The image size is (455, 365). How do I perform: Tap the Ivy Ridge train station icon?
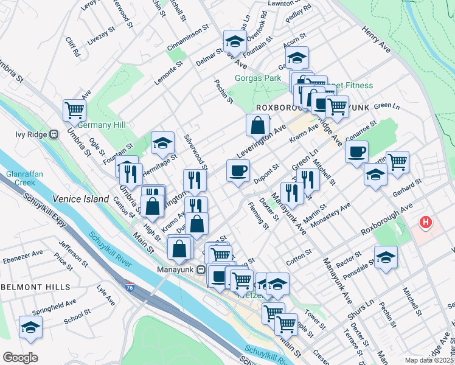pos(54,134)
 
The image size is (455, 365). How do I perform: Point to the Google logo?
pos(20,358)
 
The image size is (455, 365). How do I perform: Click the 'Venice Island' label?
pos(80,199)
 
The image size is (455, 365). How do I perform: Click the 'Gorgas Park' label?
pos(258,78)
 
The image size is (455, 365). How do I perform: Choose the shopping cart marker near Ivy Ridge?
pos(74,111)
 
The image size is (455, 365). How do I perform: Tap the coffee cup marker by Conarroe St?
pos(356,151)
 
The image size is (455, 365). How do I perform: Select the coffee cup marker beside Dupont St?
pos(238,170)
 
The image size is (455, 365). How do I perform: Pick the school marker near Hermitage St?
pos(162,143)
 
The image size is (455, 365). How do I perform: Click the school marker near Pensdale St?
pos(386,257)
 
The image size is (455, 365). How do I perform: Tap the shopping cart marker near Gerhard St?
pos(397,162)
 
